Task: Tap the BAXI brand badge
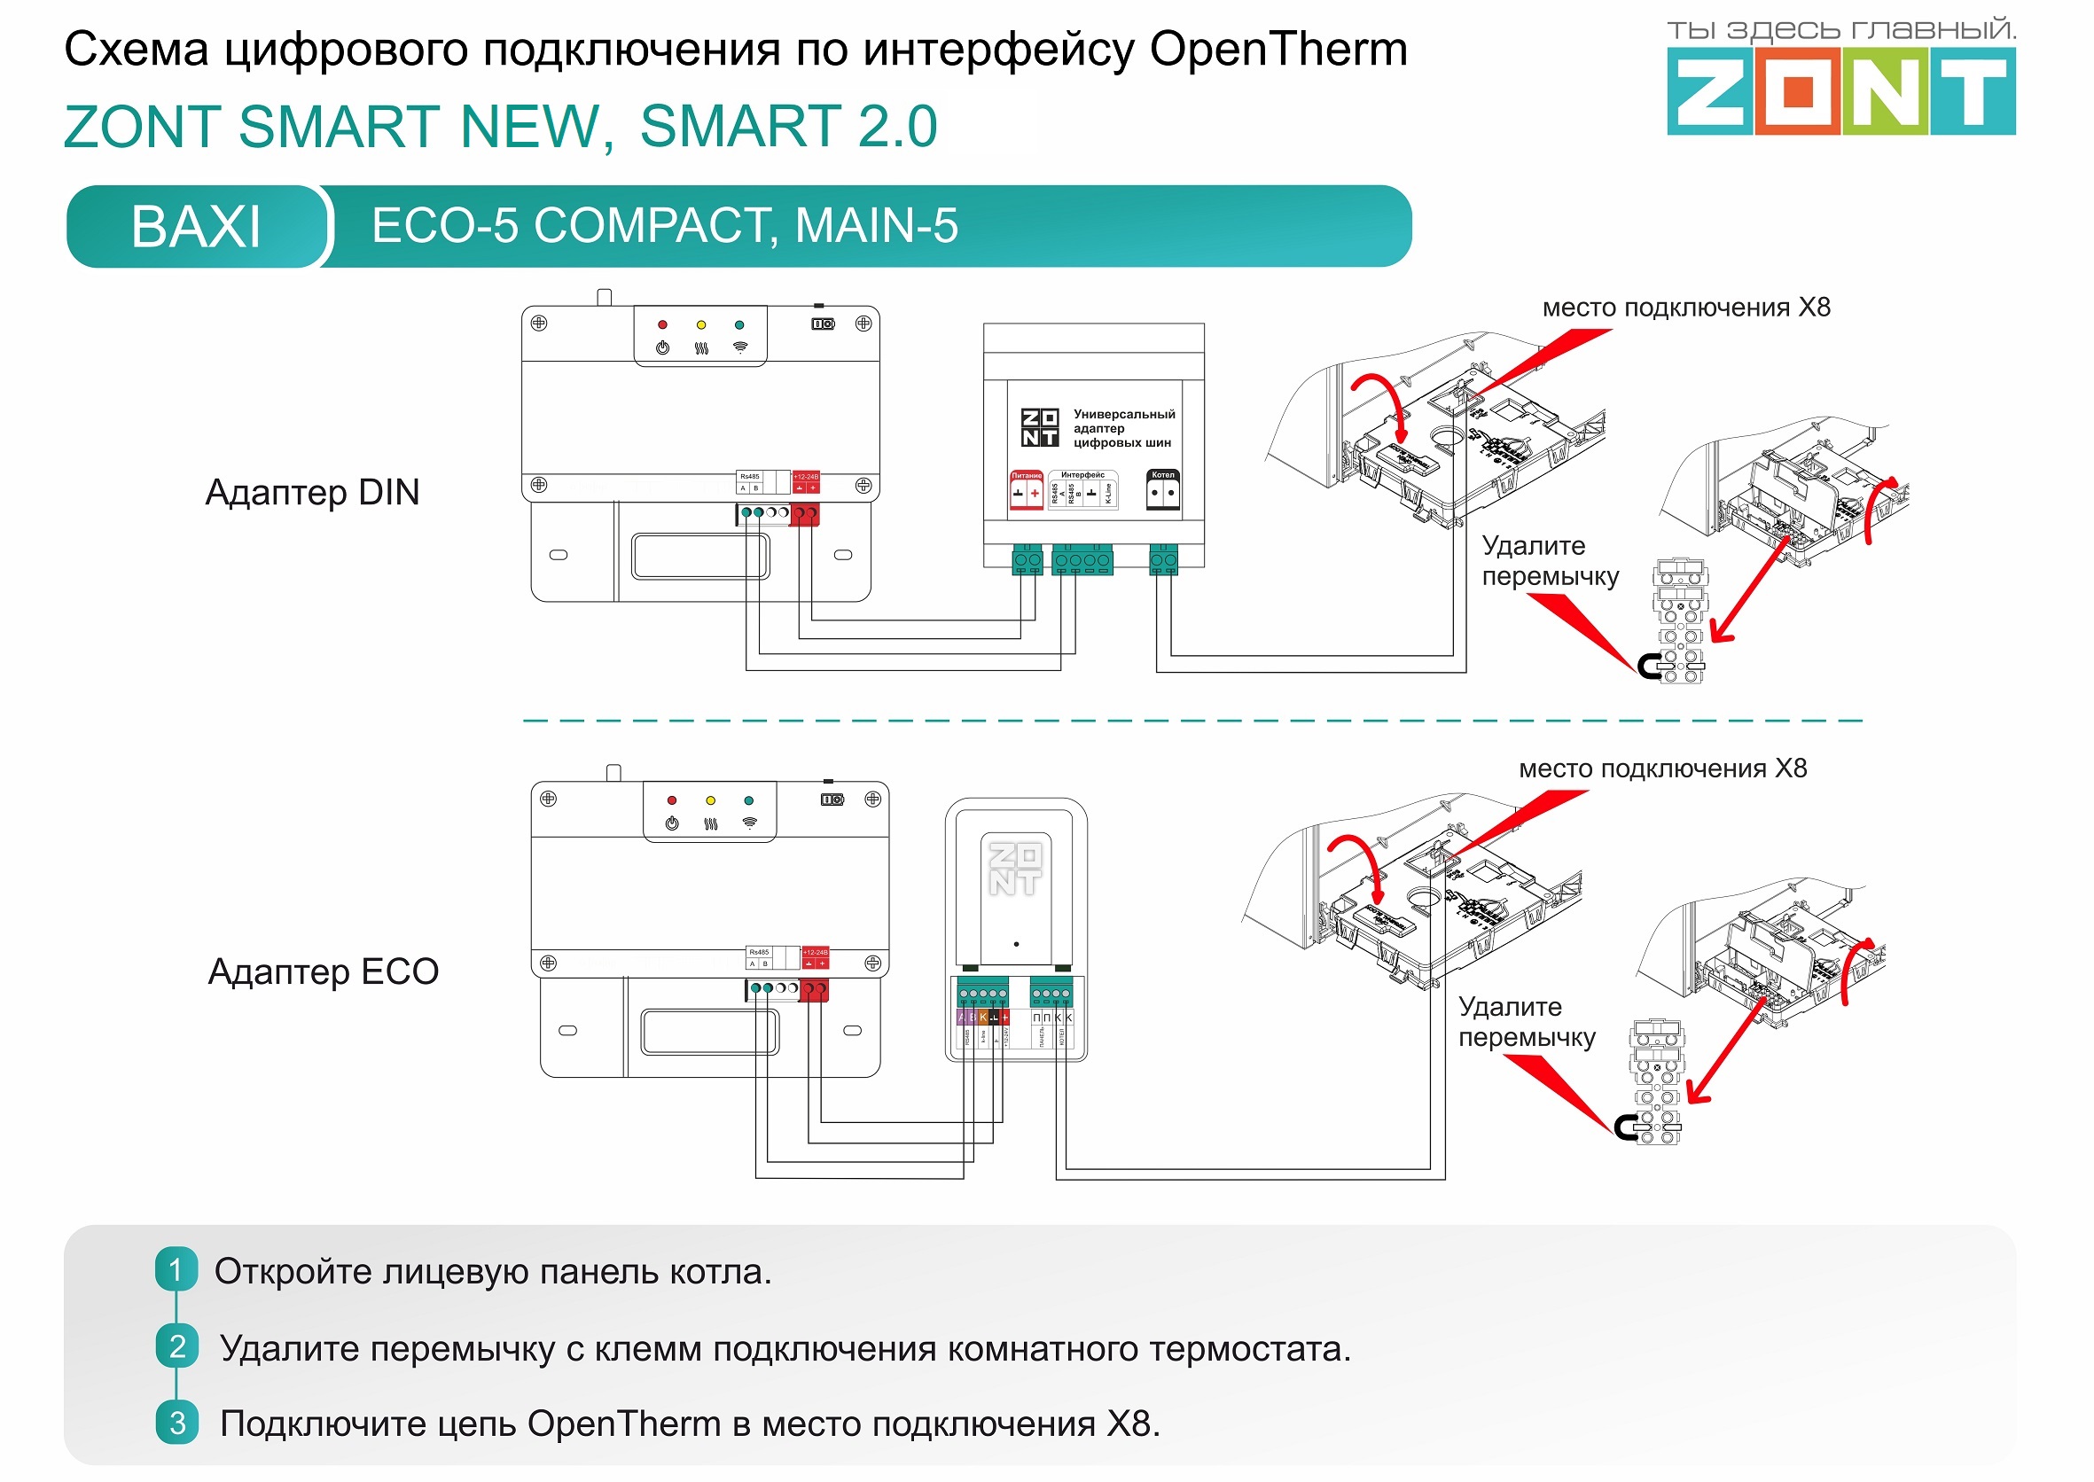pos(195,226)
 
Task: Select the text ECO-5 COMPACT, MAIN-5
pos(665,225)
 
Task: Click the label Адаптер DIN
pos(312,493)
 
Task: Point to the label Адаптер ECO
pos(323,971)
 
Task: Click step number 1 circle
pos(176,1269)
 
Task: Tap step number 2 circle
pos(177,1346)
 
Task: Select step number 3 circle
pos(177,1423)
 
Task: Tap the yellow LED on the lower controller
pos(710,800)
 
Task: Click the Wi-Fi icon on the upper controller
pos(739,347)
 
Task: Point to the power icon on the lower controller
pos(672,823)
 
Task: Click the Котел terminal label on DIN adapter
pos(1162,475)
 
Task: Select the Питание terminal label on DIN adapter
pos(1026,475)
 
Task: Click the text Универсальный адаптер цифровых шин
pos(1122,428)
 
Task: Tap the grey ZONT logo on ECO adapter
pos(1015,869)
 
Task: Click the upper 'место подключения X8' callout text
pos(1686,308)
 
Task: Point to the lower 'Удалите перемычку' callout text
pos(1527,1022)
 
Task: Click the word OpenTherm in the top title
pos(1277,50)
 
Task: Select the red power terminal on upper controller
pos(804,515)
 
